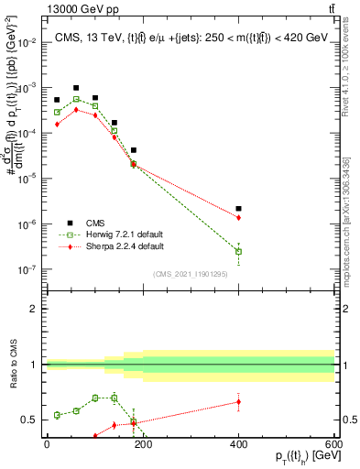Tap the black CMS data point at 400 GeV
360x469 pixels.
(238, 209)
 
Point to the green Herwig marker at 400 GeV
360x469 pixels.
(238, 251)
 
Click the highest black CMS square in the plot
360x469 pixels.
(76, 88)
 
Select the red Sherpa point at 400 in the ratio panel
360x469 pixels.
(238, 401)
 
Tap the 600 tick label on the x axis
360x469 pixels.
(333, 443)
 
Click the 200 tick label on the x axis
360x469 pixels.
(142, 443)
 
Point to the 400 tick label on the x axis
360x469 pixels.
(238, 443)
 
